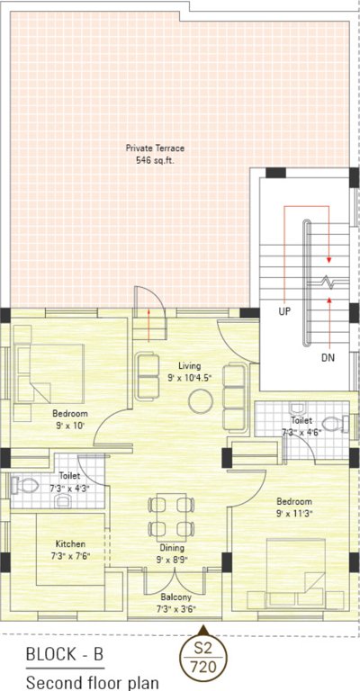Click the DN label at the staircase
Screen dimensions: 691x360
point(328,356)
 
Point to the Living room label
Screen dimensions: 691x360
point(188,366)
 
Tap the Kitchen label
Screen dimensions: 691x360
point(70,543)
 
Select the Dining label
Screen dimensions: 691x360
point(172,548)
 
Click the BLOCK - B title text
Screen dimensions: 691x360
point(64,654)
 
